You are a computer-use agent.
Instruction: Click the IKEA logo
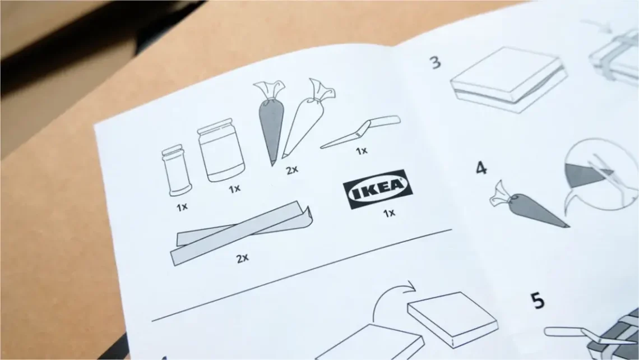pyautogui.click(x=378, y=189)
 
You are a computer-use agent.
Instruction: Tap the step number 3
pyautogui.click(x=436, y=62)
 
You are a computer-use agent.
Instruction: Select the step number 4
pyautogui.click(x=481, y=168)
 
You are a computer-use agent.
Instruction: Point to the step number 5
pyautogui.click(x=538, y=301)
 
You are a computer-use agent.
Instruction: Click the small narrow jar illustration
pyautogui.click(x=176, y=170)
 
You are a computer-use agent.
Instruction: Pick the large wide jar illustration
pyautogui.click(x=221, y=150)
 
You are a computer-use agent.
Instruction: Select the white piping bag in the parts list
pyautogui.click(x=307, y=118)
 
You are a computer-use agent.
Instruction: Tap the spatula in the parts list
pyautogui.click(x=360, y=131)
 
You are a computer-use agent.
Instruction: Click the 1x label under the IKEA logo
pyautogui.click(x=389, y=213)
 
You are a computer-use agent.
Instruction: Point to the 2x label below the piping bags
pyautogui.click(x=292, y=169)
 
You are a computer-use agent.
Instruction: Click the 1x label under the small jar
pyautogui.click(x=182, y=207)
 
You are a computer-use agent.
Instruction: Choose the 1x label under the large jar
pyautogui.click(x=234, y=189)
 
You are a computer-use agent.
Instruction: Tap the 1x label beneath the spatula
pyautogui.click(x=362, y=151)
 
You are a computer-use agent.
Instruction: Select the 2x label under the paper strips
pyautogui.click(x=243, y=258)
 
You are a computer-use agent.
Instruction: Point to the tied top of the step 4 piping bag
pyautogui.click(x=501, y=193)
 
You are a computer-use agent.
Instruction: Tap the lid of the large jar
pyautogui.click(x=215, y=126)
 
